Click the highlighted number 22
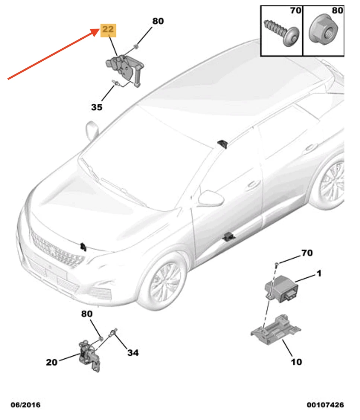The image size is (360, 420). click(108, 29)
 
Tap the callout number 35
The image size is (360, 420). click(97, 107)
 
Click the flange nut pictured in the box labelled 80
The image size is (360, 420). click(323, 30)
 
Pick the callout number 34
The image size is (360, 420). click(133, 353)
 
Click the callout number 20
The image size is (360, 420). click(52, 362)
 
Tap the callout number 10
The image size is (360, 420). click(296, 362)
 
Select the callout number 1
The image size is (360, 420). click(319, 274)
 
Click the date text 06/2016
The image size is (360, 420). click(25, 405)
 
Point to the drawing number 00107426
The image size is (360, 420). click(325, 405)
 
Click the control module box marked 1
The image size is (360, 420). click(281, 289)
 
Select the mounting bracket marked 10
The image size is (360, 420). click(276, 330)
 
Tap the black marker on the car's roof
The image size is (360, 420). click(222, 143)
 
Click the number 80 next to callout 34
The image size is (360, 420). click(87, 314)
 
